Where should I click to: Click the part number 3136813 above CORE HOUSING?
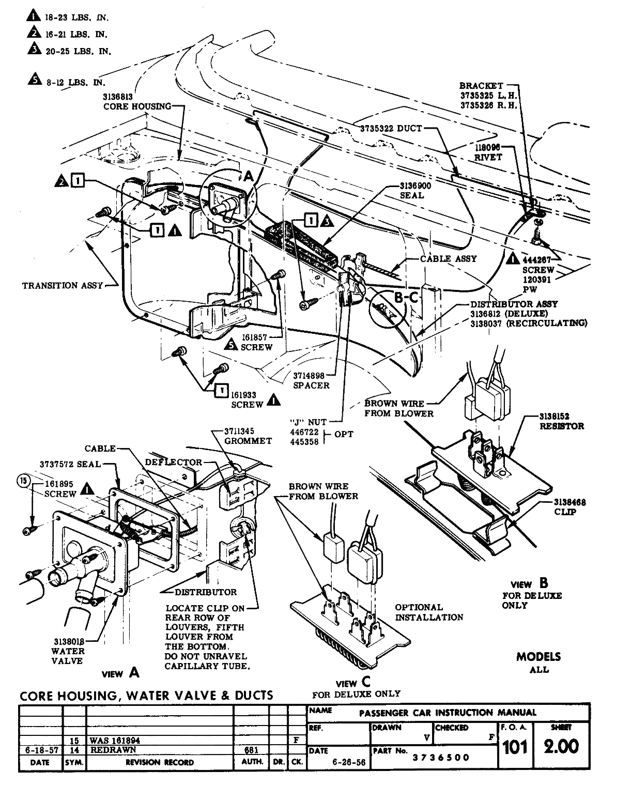click(118, 97)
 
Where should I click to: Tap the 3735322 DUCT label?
click(391, 128)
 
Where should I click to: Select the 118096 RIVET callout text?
click(488, 152)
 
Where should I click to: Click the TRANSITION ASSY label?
click(63, 285)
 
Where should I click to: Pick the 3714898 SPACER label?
click(311, 380)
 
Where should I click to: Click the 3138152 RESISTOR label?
click(561, 421)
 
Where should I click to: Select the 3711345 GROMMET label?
click(248, 436)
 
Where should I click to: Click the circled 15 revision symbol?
click(23, 481)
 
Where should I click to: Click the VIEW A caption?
click(120, 673)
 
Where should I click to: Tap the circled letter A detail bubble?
click(248, 176)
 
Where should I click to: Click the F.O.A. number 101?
click(515, 747)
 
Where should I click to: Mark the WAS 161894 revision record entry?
click(115, 740)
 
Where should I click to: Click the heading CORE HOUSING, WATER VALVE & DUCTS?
click(146, 695)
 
